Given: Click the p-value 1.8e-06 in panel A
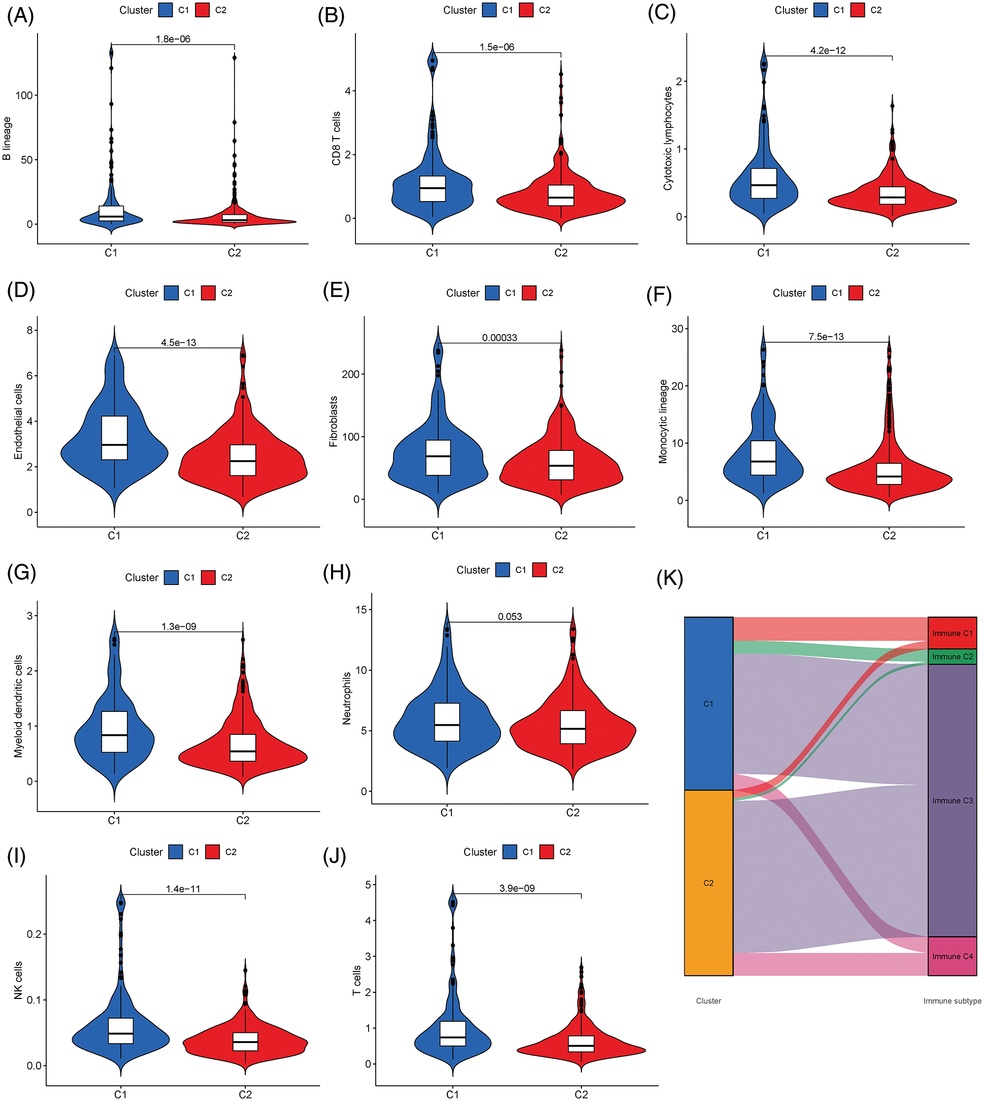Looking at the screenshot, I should pos(173,39).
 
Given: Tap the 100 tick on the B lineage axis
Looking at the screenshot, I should pos(24,95).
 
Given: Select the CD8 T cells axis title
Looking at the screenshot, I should pos(336,139).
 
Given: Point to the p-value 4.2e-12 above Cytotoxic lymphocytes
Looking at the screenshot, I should pos(828,50).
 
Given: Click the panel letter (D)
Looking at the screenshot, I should pos(21,290).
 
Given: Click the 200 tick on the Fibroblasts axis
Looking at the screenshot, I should pos(350,374).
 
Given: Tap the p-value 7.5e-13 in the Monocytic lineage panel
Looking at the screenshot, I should pos(826,336).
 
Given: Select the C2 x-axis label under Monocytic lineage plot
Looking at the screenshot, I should pos(890,535).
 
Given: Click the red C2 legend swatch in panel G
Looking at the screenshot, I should pos(208,577).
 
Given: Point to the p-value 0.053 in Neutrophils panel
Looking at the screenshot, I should pos(510,617).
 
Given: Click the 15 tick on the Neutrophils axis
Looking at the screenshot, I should pos(360,609).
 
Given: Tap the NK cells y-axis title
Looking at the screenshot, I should pos(18,980).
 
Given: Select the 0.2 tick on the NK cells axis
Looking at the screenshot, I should pos(34,934).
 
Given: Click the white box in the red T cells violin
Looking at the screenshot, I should pos(581,1044).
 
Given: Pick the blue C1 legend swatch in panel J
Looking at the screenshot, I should pos(509,852).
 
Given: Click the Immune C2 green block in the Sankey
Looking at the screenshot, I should pos(952,657).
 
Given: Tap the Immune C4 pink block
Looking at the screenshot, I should pos(952,956).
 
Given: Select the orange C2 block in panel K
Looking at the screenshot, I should pos(708,883).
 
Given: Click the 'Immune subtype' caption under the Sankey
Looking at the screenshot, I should pos(952,1001).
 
